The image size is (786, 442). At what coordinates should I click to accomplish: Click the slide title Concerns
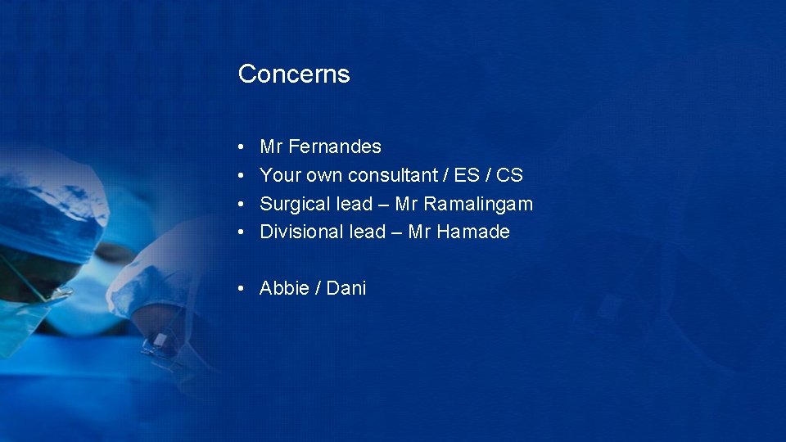point(294,74)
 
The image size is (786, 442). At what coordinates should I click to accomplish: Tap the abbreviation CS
point(509,175)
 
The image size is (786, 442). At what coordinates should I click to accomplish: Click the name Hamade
point(473,232)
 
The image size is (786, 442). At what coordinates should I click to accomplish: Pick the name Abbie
point(283,289)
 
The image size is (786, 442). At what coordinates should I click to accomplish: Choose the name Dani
point(346,289)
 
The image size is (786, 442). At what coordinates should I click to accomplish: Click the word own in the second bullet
point(325,175)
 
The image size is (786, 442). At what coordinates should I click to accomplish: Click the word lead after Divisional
point(367,232)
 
